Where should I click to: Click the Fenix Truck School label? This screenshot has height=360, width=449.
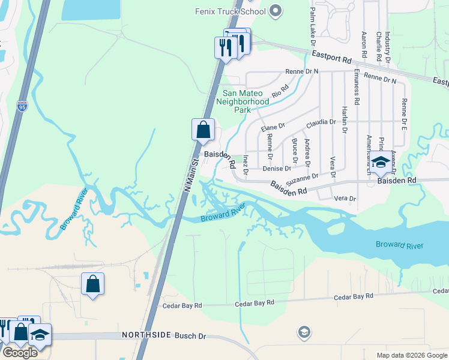click(231, 11)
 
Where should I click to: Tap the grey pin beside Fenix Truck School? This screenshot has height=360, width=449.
click(276, 10)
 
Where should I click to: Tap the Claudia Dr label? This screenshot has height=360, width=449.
click(321, 122)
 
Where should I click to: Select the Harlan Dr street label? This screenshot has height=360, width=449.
click(345, 120)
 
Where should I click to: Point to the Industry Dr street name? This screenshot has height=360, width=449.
click(388, 47)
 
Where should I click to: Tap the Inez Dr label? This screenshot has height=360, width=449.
click(246, 166)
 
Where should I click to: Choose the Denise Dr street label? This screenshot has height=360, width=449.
click(277, 169)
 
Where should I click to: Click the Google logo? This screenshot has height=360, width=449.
click(20, 353)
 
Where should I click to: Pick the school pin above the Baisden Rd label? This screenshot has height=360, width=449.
click(380, 162)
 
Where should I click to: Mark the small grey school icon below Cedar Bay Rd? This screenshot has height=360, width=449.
click(304, 332)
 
